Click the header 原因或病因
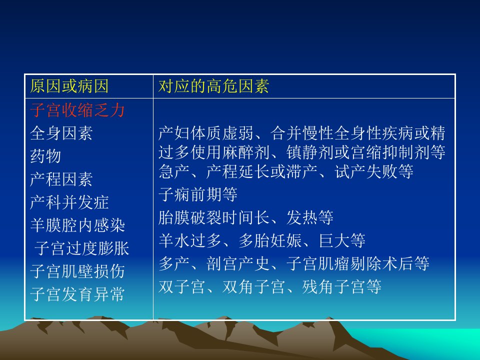point(69,86)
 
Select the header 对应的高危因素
point(213,86)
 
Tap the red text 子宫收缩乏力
point(77,110)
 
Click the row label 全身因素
point(61,133)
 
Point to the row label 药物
point(45,156)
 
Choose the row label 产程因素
point(61,179)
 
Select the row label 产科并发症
point(69,202)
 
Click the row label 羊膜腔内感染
point(77,225)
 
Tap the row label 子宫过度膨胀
point(81,248)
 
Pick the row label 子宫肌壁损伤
point(77,271)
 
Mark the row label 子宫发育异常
point(77,294)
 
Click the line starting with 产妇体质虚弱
point(302,133)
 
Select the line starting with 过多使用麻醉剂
point(302,152)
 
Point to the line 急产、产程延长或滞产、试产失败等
point(286,171)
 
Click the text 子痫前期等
point(198,194)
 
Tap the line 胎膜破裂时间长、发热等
point(246,217)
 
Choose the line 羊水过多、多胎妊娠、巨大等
point(262,240)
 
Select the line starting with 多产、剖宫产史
point(294,263)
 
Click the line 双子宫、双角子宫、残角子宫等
point(270,287)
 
